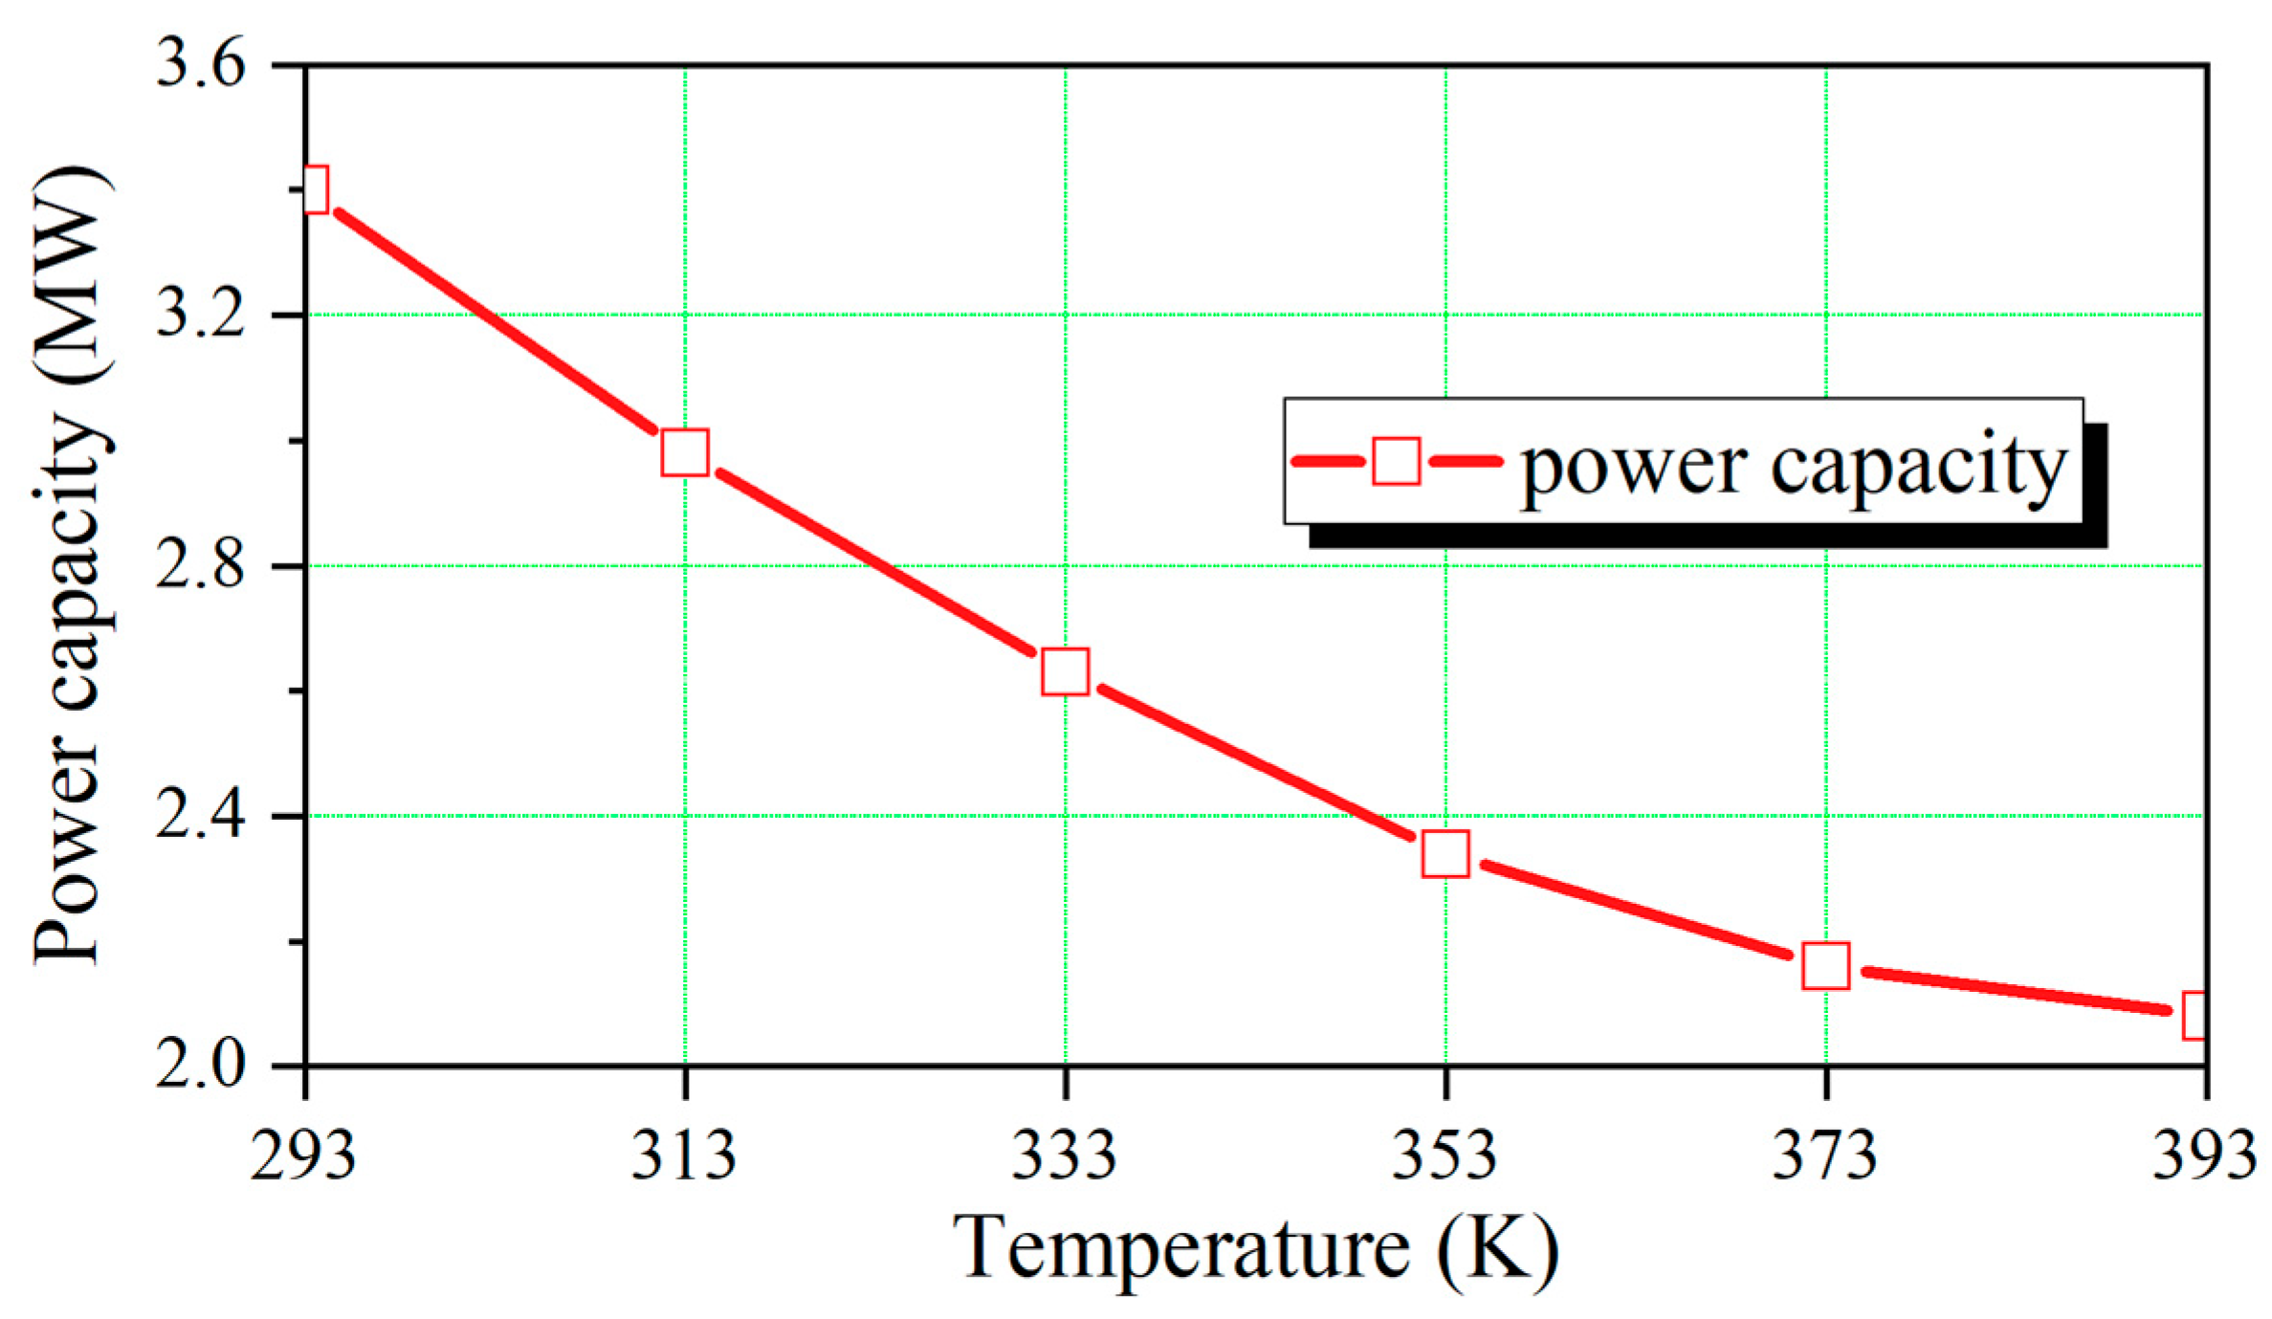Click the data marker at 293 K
[x=315, y=188]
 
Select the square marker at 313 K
[x=685, y=452]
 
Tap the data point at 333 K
[x=1065, y=670]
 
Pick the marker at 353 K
[x=1445, y=853]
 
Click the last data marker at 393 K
[x=2196, y=1015]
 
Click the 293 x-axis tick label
[x=303, y=1154]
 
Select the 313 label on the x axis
[x=684, y=1154]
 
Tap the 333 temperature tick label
[x=1065, y=1154]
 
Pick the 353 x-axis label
[x=1445, y=1154]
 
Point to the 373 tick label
[x=1825, y=1154]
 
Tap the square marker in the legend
[x=1396, y=461]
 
